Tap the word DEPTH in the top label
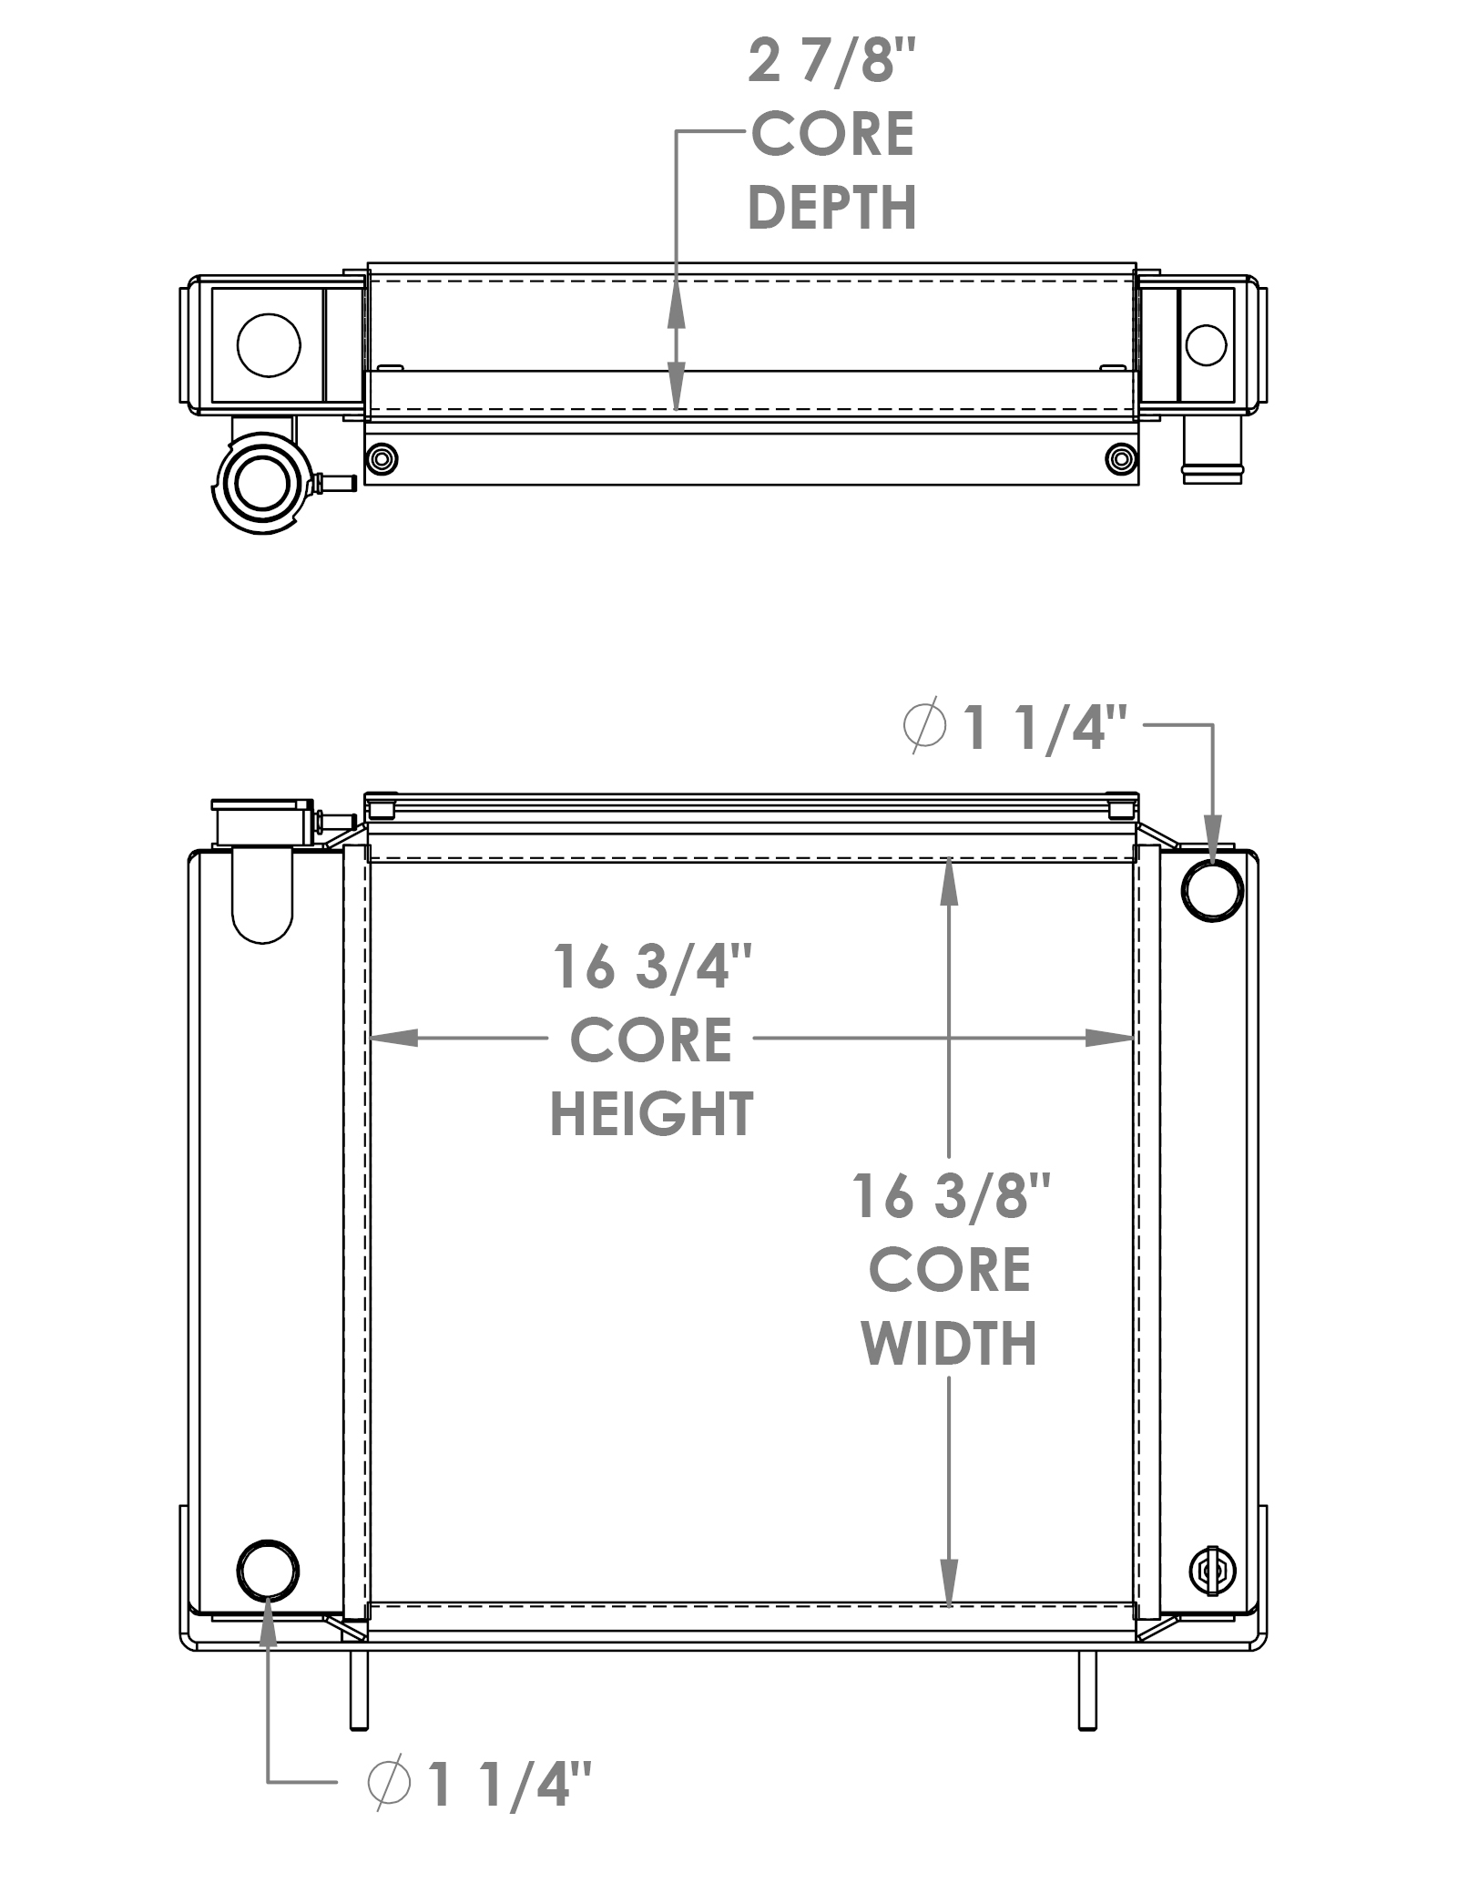tap(831, 208)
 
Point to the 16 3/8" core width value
tap(951, 1196)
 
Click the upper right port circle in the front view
tap(1212, 890)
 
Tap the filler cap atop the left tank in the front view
tap(262, 824)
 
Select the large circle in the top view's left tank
tap(269, 345)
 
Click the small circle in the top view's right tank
tap(1206, 345)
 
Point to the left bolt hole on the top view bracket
tap(381, 457)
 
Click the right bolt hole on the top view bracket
tap(1120, 457)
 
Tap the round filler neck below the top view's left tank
tap(261, 483)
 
